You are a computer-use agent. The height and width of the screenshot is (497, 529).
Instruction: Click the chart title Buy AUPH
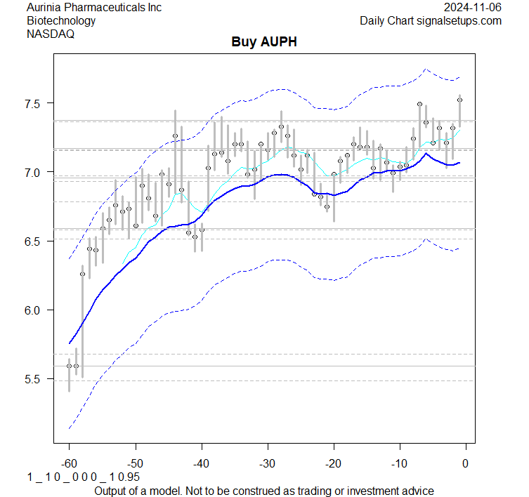264,42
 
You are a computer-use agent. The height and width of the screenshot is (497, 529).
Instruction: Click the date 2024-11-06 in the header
473,8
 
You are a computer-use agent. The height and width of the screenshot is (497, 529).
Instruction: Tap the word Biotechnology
61,20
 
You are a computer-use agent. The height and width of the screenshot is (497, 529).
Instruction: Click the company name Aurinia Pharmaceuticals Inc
94,8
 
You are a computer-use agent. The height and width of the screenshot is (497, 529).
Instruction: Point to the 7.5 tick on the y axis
35,103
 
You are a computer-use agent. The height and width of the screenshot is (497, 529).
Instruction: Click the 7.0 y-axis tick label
35,172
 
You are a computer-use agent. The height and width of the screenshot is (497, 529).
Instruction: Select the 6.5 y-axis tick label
35,241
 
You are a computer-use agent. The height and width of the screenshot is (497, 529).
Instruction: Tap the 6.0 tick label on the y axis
35,310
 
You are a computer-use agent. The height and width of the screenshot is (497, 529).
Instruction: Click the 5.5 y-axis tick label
35,379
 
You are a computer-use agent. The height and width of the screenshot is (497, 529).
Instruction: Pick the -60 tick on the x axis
69,464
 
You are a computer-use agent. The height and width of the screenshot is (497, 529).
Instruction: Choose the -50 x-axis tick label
135,464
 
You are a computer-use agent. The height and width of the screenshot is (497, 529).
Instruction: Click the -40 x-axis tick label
201,464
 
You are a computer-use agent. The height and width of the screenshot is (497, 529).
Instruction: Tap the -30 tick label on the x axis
267,464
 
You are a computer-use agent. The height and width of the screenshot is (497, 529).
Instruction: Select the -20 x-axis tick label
333,464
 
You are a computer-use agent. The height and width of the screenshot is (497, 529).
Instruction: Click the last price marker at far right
459,100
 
